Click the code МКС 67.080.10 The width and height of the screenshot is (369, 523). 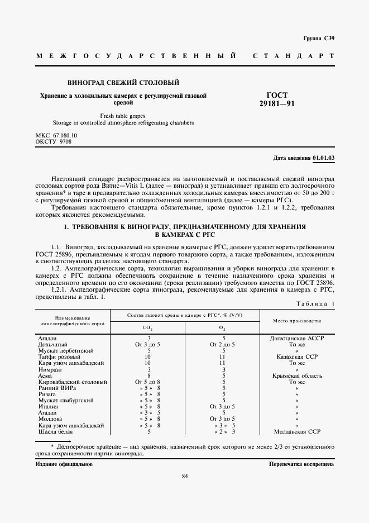pyautogui.click(x=56, y=135)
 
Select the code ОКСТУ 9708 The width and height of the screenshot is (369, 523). pyautogui.click(x=53, y=142)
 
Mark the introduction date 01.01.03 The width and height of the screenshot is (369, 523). pyautogui.click(x=324, y=158)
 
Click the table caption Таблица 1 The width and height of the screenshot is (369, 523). pyautogui.click(x=315, y=303)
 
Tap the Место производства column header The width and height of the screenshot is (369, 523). pyautogui.click(x=296, y=321)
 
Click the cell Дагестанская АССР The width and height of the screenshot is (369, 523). pyautogui.click(x=297, y=338)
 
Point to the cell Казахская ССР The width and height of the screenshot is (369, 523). pyautogui.click(x=297, y=356)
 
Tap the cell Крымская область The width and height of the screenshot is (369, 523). pyautogui.click(x=297, y=375)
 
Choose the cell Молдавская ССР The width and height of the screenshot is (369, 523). pyautogui.click(x=297, y=432)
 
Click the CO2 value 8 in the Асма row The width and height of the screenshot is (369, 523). pyautogui.click(x=149, y=375)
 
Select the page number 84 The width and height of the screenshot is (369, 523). pyautogui.click(x=184, y=476)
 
